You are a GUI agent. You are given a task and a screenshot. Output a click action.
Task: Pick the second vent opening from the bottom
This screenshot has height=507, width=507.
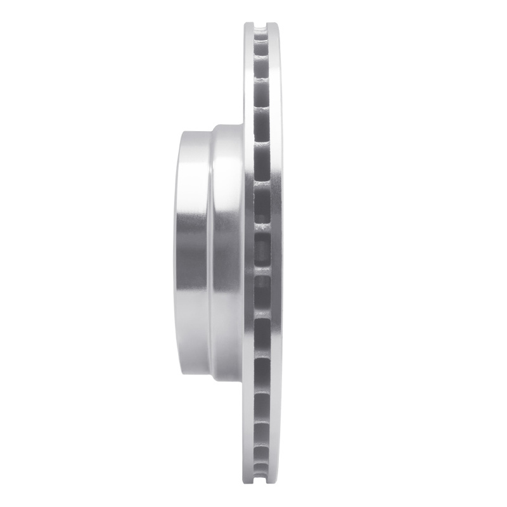(261, 459)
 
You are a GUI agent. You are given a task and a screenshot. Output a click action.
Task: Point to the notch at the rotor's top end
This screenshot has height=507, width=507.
(261, 25)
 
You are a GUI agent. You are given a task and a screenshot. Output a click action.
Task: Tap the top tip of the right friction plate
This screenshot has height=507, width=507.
(273, 23)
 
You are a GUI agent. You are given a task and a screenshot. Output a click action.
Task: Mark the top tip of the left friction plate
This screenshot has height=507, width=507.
(249, 23)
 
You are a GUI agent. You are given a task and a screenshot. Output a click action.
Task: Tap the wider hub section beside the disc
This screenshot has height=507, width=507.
(227, 253)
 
